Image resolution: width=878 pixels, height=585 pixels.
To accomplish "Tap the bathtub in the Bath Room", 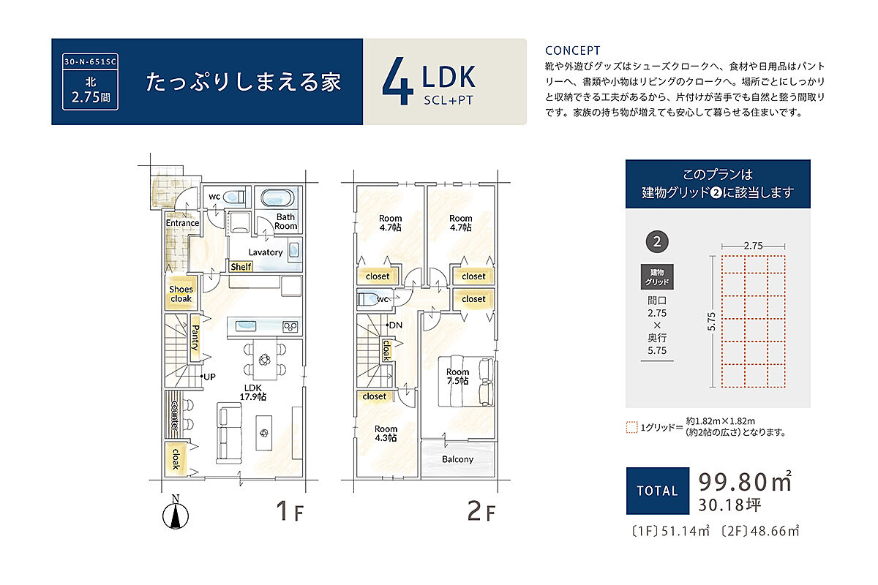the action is [277, 197].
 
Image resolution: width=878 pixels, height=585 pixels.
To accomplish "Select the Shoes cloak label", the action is [181, 294].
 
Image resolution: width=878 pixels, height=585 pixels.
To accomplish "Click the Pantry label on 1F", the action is [195, 337].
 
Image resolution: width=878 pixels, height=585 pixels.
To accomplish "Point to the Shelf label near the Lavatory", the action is [241, 267].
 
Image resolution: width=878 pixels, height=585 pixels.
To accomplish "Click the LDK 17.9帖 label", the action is [253, 392].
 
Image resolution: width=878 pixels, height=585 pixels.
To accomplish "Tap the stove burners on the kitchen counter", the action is [290, 326].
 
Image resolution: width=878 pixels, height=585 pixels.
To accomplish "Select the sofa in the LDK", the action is [229, 433].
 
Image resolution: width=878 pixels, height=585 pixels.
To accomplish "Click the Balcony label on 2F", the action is [457, 459].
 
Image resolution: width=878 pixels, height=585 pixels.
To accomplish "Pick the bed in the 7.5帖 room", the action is [465, 381].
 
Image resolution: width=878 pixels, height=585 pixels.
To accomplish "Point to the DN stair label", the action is [396, 325].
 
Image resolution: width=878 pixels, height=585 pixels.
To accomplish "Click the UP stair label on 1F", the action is [209, 377].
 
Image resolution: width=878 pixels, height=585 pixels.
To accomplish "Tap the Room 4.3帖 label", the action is [386, 434].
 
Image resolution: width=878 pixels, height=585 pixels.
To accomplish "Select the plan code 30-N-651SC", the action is [90, 61].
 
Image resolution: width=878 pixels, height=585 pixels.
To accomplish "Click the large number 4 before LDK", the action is [397, 80].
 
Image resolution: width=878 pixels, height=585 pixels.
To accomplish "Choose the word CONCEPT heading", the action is [572, 50].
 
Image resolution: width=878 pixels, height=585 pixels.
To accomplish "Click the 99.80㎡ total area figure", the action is [745, 481].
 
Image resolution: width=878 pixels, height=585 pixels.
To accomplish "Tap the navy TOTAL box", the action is [657, 491].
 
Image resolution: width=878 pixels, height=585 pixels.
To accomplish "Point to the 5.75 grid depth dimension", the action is [711, 321].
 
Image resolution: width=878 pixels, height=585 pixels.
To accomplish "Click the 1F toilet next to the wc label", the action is [234, 197].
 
